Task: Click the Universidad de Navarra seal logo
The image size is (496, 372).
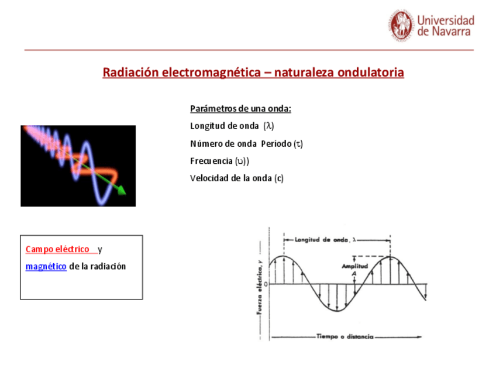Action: coord(401,25)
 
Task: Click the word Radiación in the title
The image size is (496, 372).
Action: coord(130,73)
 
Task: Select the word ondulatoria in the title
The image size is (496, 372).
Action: coord(370,73)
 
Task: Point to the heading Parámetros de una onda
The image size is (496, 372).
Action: coord(240,109)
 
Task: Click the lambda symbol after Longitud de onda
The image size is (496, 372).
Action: coord(268,126)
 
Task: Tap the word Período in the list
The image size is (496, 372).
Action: coord(276,144)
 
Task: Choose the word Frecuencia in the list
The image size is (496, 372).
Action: coord(211,161)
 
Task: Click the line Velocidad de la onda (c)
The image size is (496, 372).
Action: coord(237,178)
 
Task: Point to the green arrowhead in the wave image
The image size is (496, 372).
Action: coord(122,190)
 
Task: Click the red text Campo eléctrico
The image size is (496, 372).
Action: coord(57,249)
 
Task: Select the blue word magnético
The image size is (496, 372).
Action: coord(46,266)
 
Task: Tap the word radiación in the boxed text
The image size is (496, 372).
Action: coord(108,266)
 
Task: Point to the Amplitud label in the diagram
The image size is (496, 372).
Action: coord(354,266)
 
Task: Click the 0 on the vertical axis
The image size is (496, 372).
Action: coord(266,284)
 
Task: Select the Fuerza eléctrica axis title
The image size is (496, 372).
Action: coord(259,287)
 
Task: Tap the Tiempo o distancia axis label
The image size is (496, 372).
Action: coord(345,336)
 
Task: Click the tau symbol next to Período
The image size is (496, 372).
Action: coord(298,144)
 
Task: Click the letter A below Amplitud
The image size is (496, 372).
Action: coord(354,274)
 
